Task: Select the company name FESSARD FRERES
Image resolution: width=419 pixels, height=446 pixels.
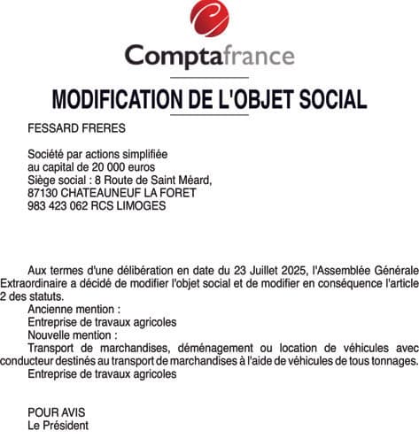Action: click(76, 127)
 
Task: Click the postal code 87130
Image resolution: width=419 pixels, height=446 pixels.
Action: click(43, 192)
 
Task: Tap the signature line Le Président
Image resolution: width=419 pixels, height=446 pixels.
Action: click(58, 426)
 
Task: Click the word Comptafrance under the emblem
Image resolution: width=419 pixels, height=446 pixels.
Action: click(210, 57)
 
